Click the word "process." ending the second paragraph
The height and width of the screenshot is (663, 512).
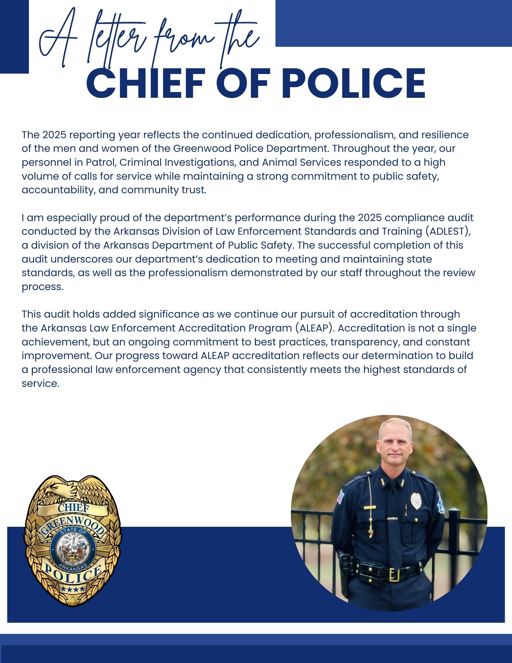pyautogui.click(x=42, y=287)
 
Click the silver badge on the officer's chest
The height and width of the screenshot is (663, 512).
pyautogui.click(x=416, y=501)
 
